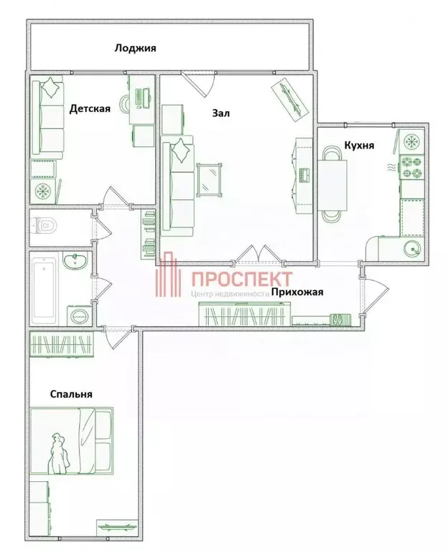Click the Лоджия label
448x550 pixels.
pos(135,49)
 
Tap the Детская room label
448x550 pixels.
pos(90,109)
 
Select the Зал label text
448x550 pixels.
pos(221,113)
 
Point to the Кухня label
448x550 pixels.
pos(359,145)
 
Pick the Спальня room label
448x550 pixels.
pos(71,394)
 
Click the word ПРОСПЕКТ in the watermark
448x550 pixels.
pos(241,278)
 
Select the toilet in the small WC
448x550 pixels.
pos(44,226)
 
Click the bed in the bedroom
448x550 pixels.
pos(72,441)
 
